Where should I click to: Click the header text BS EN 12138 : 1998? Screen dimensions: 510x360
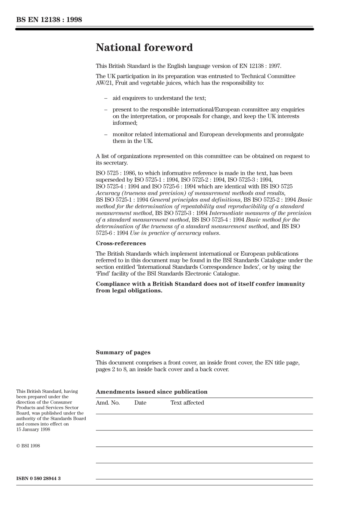click(49, 19)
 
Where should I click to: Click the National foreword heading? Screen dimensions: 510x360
click(144, 48)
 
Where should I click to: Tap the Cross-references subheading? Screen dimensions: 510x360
click(121, 243)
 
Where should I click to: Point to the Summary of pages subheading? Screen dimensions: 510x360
click(123, 353)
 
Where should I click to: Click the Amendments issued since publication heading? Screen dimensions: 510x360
click(152, 392)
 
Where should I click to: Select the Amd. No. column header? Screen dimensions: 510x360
click(108, 403)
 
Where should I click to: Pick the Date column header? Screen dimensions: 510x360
click(140, 403)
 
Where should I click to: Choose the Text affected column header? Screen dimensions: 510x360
click(187, 403)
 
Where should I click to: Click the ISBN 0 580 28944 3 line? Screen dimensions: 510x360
click(38, 479)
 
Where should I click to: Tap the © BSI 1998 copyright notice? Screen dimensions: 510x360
click(28, 446)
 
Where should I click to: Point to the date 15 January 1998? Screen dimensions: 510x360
click(33, 430)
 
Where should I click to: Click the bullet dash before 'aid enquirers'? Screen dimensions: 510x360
click(106, 98)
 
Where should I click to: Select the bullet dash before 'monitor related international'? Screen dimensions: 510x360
click(106, 135)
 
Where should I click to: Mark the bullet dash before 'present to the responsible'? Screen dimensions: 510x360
click(106, 110)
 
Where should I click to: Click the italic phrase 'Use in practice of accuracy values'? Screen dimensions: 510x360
click(175, 233)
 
